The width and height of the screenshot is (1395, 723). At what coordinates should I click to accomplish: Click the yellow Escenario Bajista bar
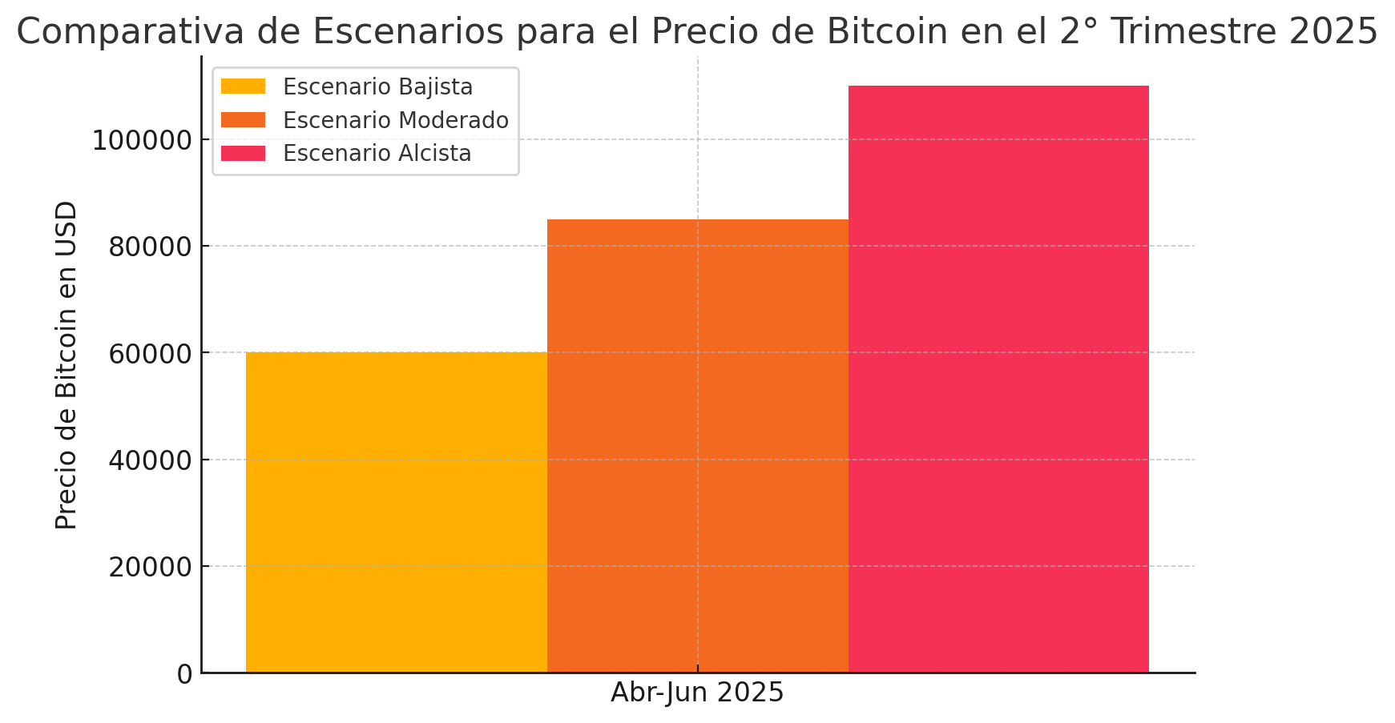click(x=396, y=512)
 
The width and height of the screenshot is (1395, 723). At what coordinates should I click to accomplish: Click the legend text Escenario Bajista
click(x=377, y=86)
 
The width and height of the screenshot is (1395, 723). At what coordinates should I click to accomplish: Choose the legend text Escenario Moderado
click(x=396, y=120)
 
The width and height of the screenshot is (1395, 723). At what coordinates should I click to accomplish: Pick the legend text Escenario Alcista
click(x=377, y=153)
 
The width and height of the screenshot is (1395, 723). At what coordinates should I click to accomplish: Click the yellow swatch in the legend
click(x=243, y=86)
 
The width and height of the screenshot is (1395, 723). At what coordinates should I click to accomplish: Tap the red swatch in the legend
click(x=243, y=153)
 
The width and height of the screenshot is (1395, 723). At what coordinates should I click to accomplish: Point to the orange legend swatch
click(x=243, y=120)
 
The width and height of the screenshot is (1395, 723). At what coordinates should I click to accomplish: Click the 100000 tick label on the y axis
click(x=143, y=141)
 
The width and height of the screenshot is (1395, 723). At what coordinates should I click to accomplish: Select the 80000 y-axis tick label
click(x=150, y=247)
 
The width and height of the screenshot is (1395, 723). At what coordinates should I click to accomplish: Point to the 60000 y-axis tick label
click(x=150, y=354)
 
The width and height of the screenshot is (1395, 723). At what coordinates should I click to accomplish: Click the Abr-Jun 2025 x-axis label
click(x=697, y=693)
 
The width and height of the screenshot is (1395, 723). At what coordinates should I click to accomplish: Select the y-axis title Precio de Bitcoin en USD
click(x=67, y=364)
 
